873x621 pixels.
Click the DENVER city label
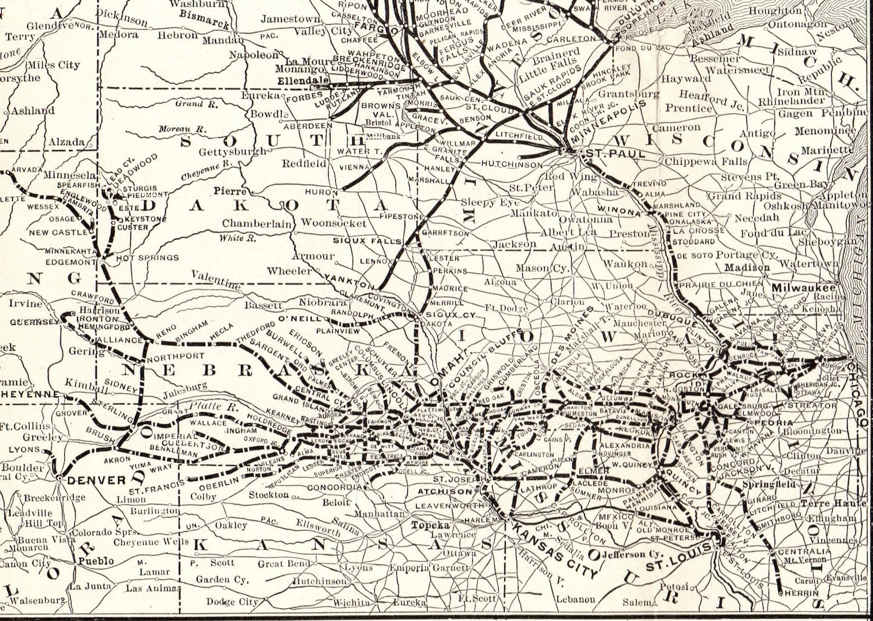97,480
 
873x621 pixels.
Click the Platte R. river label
206,407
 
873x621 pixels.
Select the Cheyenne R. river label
207,171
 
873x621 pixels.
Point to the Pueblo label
96,561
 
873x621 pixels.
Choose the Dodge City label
232,602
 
